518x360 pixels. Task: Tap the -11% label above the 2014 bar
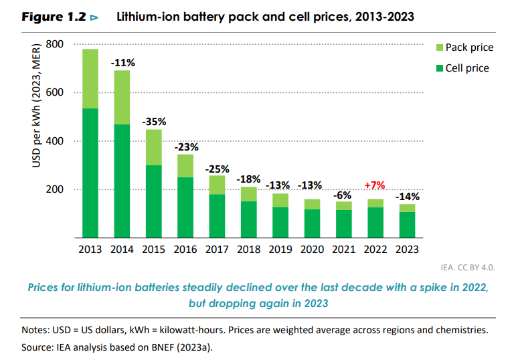coord(122,63)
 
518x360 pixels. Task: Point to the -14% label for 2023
coord(407,197)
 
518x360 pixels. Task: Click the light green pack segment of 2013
coord(90,78)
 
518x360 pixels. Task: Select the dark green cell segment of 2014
coord(122,181)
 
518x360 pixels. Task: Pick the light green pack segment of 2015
coord(154,147)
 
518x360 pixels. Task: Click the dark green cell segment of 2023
coord(407,225)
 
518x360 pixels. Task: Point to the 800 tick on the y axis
coord(54,45)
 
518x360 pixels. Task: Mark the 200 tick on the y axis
coord(54,190)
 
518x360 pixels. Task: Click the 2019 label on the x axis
coord(280,250)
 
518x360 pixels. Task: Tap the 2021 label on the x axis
coord(343,250)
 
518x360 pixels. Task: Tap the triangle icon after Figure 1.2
coord(94,17)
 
